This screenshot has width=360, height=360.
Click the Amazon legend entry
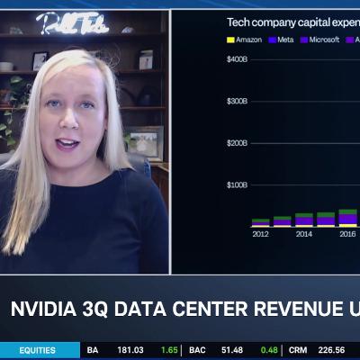pos(245,40)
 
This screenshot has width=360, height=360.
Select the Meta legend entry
pos(283,40)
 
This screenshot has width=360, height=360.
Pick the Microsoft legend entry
pos(321,40)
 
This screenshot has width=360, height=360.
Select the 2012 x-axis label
pos(260,234)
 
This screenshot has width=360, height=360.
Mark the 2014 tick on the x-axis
pos(304,234)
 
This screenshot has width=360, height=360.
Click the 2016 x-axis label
pos(346,234)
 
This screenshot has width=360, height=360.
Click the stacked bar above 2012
pos(260,221)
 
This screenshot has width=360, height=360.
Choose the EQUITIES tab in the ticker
pos(37,350)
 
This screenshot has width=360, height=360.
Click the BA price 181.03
pos(130,350)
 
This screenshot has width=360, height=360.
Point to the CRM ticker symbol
pos(298,350)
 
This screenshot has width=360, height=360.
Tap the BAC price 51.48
pos(232,350)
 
